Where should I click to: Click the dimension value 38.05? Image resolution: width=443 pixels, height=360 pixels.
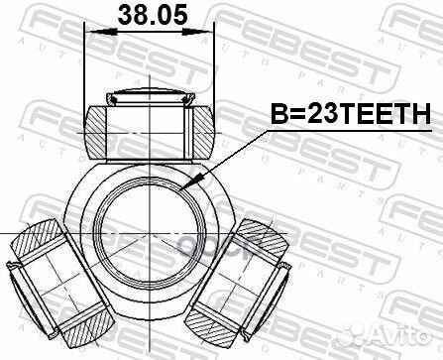(149, 14)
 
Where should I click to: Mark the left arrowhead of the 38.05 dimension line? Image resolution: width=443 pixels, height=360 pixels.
(92, 32)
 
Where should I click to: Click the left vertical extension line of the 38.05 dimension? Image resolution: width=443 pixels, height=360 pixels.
(85, 60)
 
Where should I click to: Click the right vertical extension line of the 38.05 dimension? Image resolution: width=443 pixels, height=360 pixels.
(215, 60)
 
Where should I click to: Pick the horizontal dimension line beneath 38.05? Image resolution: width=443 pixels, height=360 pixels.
(149, 32)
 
